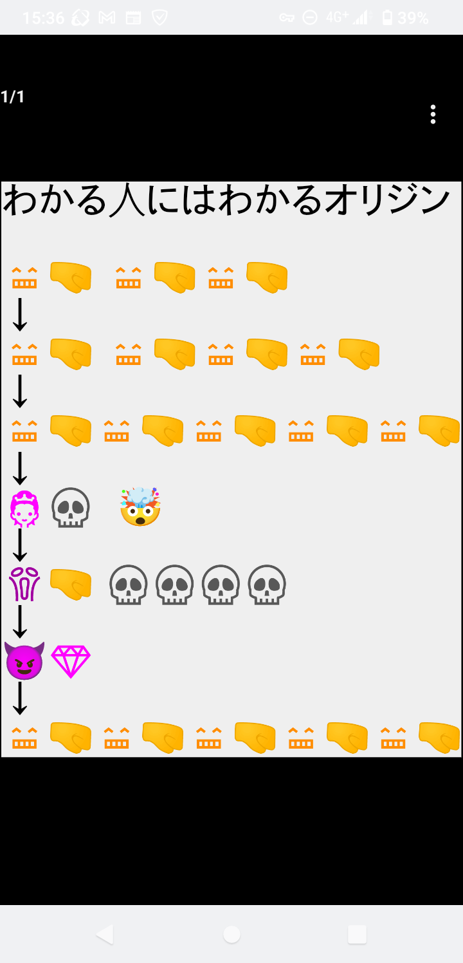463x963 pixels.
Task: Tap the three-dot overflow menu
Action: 433,114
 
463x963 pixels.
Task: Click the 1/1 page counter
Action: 13,97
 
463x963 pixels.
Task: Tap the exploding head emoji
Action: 140,507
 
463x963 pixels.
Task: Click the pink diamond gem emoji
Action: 71,661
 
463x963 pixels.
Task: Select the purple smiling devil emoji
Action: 24,661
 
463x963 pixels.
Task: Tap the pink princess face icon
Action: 24,509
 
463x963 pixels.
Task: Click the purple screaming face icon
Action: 24,584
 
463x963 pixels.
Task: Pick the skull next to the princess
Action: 71,508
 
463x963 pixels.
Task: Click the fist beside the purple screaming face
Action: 71,584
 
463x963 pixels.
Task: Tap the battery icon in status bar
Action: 387,17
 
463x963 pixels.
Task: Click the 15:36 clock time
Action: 43,18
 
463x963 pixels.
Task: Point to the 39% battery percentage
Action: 413,18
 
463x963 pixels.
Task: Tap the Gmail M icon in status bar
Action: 107,18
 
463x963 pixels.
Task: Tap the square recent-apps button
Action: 357,934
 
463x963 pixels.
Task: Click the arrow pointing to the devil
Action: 20,621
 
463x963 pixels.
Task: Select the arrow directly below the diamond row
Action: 20,698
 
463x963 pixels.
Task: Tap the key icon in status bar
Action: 287,18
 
